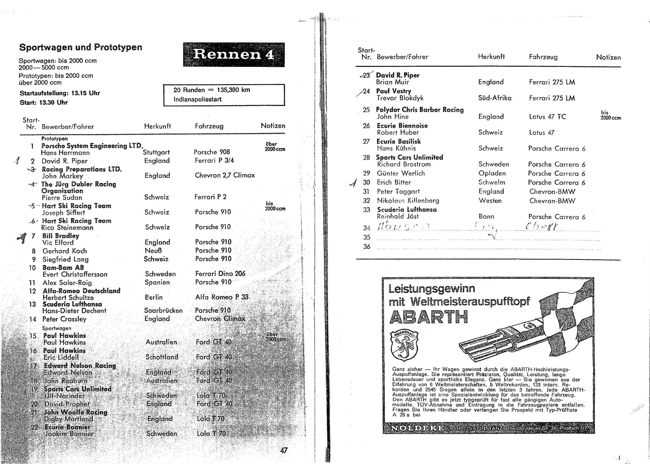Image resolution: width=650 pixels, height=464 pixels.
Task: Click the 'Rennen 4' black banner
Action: (234, 55)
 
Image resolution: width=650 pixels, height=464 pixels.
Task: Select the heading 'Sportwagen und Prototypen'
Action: (81, 48)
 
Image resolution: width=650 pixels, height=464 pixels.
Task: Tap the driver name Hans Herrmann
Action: (65, 153)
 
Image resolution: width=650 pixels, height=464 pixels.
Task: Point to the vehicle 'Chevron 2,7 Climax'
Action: (225, 176)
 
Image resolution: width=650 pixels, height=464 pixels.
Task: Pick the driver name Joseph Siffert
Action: (64, 213)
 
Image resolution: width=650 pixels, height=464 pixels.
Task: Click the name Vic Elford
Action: (58, 243)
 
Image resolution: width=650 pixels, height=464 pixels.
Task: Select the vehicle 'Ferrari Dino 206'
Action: (220, 274)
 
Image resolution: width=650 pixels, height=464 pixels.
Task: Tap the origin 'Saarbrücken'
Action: (163, 310)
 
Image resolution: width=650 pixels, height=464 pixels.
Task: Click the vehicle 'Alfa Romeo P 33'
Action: (222, 297)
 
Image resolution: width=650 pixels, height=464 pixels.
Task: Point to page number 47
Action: (284, 450)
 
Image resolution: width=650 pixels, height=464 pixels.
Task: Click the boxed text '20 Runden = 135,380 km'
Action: (212, 90)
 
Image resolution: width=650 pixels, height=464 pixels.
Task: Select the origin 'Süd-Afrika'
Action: (495, 98)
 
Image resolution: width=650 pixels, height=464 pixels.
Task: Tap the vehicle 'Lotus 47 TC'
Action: (548, 117)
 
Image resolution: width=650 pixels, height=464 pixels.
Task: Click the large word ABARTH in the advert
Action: (428, 317)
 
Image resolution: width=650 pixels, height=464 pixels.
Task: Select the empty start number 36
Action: (367, 247)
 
